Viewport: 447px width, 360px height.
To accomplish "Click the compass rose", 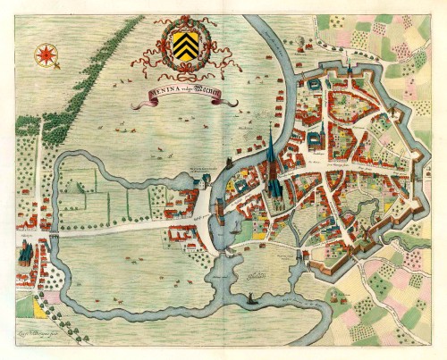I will [x=45, y=56].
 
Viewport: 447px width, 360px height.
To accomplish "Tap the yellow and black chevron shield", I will [x=186, y=40].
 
